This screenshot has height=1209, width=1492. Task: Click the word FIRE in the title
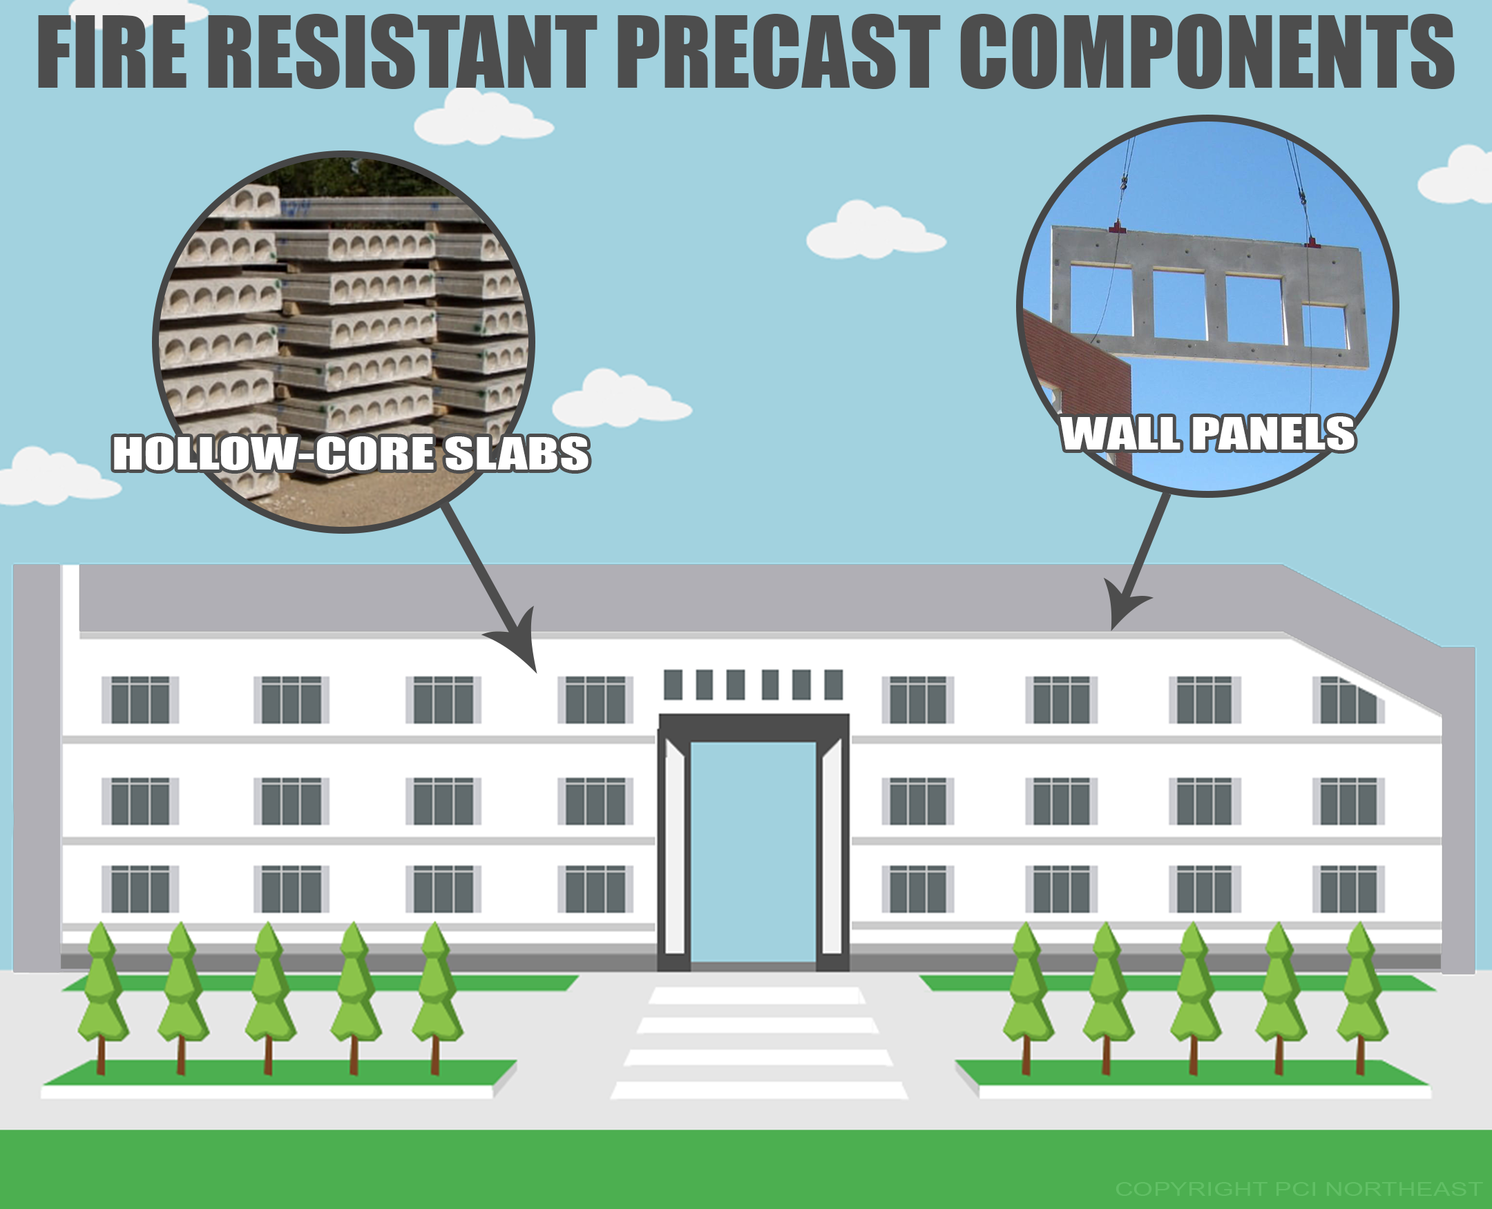111,54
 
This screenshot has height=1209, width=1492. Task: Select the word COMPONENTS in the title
1207,54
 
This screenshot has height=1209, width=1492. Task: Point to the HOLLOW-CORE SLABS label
351,454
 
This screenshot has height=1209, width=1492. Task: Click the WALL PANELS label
1208,433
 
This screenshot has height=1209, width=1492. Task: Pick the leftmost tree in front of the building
102,998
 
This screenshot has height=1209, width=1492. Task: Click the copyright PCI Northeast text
1299,1188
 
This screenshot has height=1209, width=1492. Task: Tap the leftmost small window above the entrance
673,684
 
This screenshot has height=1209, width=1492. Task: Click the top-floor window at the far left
140,699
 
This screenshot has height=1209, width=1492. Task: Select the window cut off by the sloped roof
1348,699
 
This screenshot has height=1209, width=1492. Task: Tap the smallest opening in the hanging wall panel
1324,326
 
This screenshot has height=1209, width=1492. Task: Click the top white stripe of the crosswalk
757,995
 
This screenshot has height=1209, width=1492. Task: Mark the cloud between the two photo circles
876,230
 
